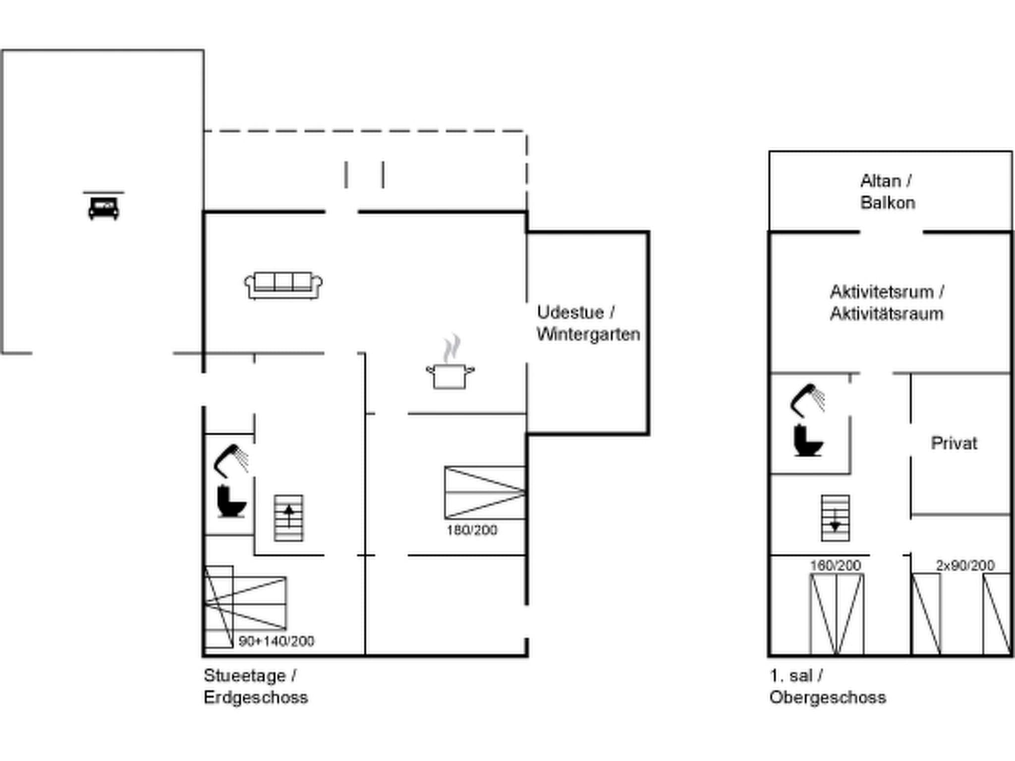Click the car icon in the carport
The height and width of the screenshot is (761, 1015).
(104, 208)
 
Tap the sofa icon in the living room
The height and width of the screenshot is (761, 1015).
(283, 285)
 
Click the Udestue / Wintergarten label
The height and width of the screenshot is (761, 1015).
(588, 324)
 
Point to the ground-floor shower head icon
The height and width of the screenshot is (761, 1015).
(230, 460)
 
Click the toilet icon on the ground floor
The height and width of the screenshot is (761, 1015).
(231, 502)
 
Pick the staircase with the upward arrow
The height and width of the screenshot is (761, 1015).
(289, 518)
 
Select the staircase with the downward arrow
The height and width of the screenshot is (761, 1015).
(835, 518)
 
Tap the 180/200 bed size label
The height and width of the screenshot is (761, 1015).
(471, 530)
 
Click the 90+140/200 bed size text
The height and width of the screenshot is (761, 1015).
(276, 641)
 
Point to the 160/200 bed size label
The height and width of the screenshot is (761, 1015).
(835, 565)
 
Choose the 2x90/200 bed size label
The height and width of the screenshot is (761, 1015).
(964, 565)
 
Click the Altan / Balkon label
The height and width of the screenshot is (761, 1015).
(887, 192)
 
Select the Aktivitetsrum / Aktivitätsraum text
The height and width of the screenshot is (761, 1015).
(887, 303)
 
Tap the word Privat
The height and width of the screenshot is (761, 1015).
(954, 443)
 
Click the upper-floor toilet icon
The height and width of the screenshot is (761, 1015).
(807, 440)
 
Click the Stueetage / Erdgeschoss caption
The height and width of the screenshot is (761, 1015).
(255, 686)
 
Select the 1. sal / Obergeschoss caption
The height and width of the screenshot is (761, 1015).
(827, 686)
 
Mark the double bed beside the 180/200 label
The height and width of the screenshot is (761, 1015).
(485, 492)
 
